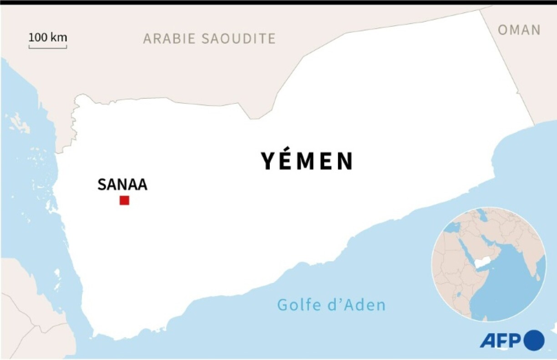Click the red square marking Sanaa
[124, 200]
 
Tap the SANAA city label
[122, 185]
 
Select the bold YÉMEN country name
[307, 161]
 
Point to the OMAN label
[519, 30]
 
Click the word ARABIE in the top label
[170, 39]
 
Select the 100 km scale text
[48, 37]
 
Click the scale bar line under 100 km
[48, 46]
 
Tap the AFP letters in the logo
[501, 340]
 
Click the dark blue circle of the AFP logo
[534, 340]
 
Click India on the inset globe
[528, 255]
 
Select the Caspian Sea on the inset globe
[482, 218]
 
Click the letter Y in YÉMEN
[269, 161]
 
